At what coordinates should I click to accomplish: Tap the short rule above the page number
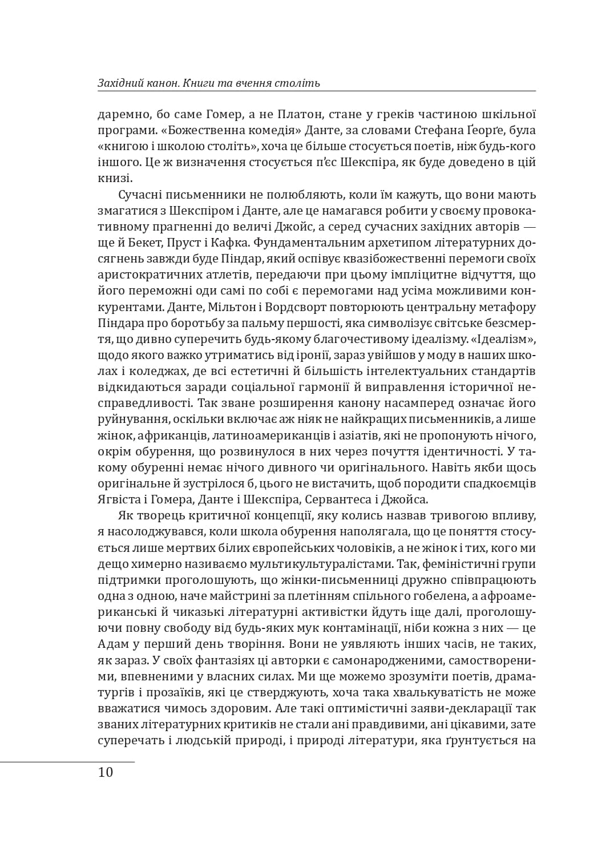[67, 761]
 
